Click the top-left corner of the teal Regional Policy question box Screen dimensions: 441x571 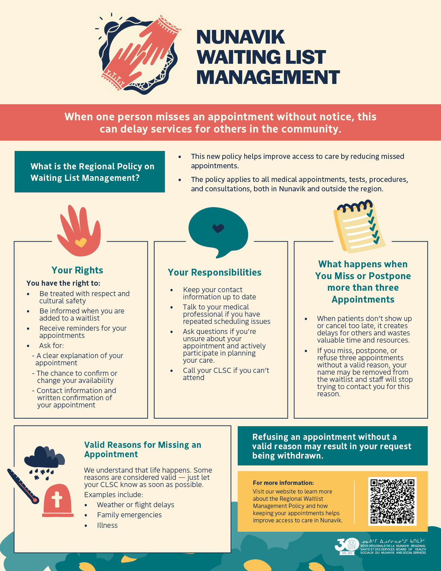(15, 151)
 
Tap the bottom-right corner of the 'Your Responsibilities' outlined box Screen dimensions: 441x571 (288, 418)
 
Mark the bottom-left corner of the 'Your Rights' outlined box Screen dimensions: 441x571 (14, 418)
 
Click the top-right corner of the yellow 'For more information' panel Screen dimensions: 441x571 (427, 472)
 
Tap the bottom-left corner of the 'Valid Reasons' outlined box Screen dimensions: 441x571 (14, 552)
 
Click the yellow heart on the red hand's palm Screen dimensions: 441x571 (80, 242)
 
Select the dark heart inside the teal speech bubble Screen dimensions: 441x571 (218, 228)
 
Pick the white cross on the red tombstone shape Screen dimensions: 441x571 (57, 500)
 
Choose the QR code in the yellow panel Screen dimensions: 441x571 (392, 501)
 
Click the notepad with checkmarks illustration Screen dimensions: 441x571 (359, 227)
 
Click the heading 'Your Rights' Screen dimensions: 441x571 (77, 270)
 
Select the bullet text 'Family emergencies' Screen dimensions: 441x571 (129, 515)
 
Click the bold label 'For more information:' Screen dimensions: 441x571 (283, 483)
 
